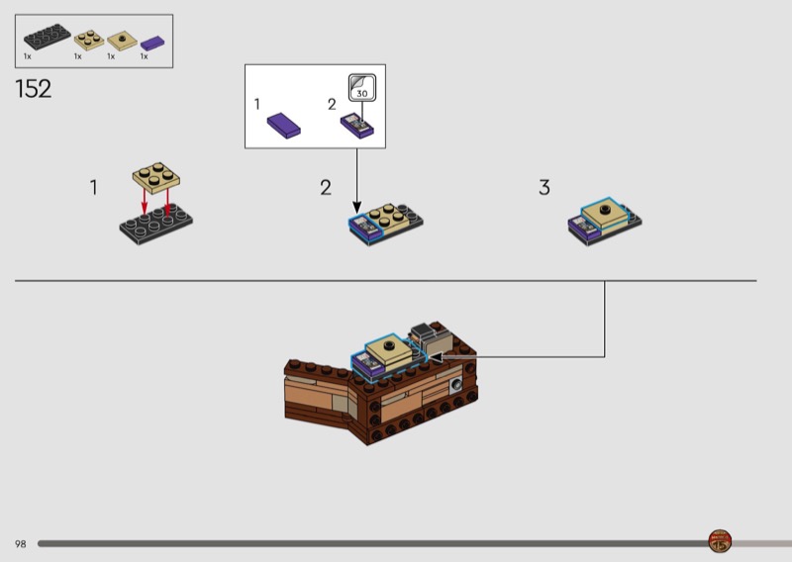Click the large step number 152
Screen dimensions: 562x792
tap(33, 89)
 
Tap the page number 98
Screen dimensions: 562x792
tap(21, 544)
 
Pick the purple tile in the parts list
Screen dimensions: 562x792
tap(151, 44)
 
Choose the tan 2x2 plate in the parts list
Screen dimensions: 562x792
tap(88, 41)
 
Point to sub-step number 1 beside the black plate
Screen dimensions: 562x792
tap(94, 187)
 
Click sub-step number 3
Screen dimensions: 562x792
tap(544, 187)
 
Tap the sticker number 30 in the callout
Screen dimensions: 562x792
tap(362, 92)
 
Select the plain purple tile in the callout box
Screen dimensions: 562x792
tap(286, 124)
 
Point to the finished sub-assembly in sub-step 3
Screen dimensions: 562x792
tap(604, 223)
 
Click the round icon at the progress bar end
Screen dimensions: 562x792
tap(720, 541)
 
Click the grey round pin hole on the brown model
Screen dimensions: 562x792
tap(455, 382)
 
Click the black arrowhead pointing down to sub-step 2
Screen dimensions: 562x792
tap(356, 205)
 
